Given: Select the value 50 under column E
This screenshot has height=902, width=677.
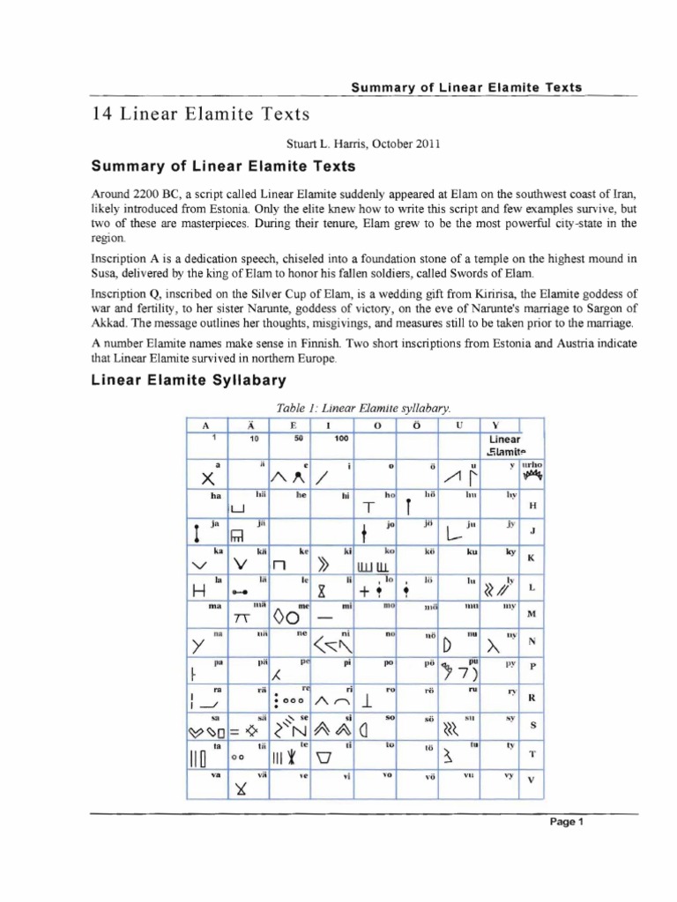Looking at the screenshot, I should click(298, 438).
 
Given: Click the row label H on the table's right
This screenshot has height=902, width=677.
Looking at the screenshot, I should click(532, 506).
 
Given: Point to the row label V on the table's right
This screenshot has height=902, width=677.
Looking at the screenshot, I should click(531, 780).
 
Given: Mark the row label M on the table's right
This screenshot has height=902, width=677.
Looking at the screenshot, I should click(532, 613).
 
